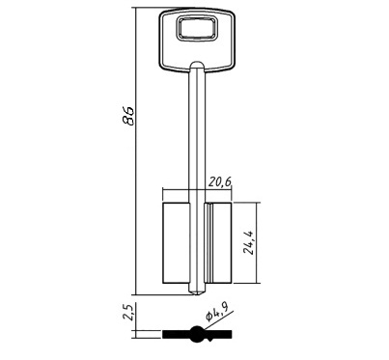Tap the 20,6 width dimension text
coord(220,182)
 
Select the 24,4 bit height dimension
coord(249,242)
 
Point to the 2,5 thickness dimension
coord(129,313)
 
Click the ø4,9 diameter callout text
coord(216,313)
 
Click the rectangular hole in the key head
coord(197,29)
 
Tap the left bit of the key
coord(176,243)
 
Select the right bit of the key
coord(218,243)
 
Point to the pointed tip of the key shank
coord(197,293)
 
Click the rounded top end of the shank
coord(197,65)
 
